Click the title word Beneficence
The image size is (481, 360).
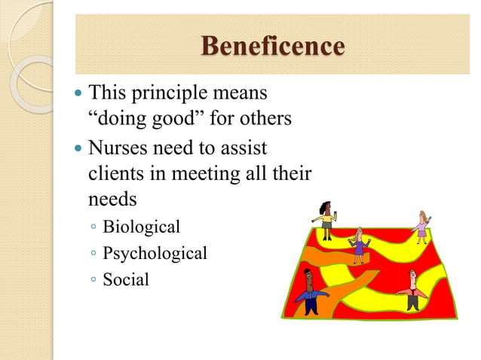[272, 46]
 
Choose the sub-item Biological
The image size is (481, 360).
[142, 227]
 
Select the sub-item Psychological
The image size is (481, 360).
[155, 254]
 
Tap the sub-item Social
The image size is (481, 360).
[126, 280]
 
